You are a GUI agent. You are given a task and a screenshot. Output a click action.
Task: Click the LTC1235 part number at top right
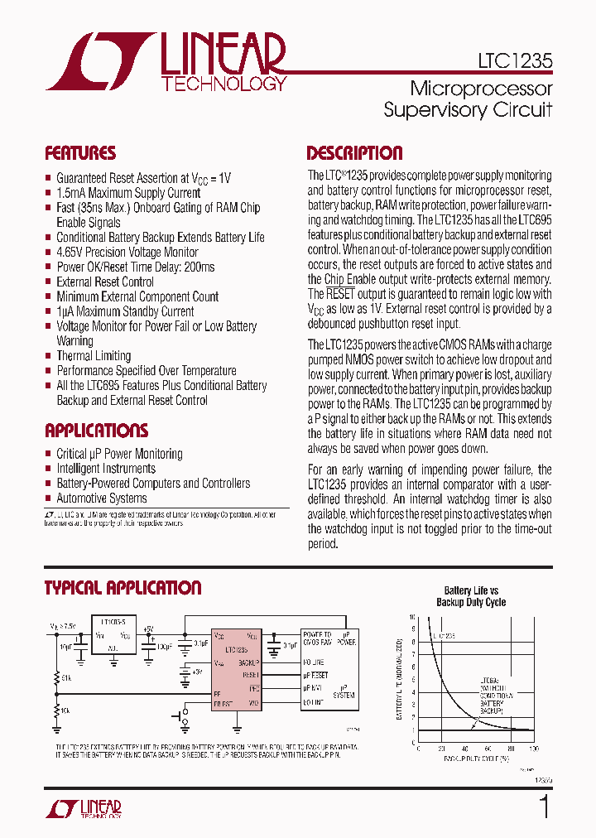515,60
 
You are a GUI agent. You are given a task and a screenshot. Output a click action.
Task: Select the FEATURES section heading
80,153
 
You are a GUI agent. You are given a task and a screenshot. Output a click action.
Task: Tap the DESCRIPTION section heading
354,153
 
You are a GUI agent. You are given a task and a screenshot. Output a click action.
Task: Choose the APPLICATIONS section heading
96,431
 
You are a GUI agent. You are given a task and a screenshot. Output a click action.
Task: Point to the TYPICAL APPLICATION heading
123,588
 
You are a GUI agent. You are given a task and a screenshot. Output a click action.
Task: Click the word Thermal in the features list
75,356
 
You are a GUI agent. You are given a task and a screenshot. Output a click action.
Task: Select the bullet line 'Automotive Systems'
101,498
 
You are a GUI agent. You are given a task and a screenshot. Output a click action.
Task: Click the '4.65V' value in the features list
71,252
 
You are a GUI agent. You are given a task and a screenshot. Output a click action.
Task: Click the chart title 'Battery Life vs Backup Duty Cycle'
471,596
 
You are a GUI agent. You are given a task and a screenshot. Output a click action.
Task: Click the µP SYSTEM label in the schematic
344,691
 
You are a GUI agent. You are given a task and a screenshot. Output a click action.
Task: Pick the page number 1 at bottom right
544,807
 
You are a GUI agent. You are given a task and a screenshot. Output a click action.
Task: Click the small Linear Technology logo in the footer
83,810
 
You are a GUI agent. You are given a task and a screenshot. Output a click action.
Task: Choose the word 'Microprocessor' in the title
481,89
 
